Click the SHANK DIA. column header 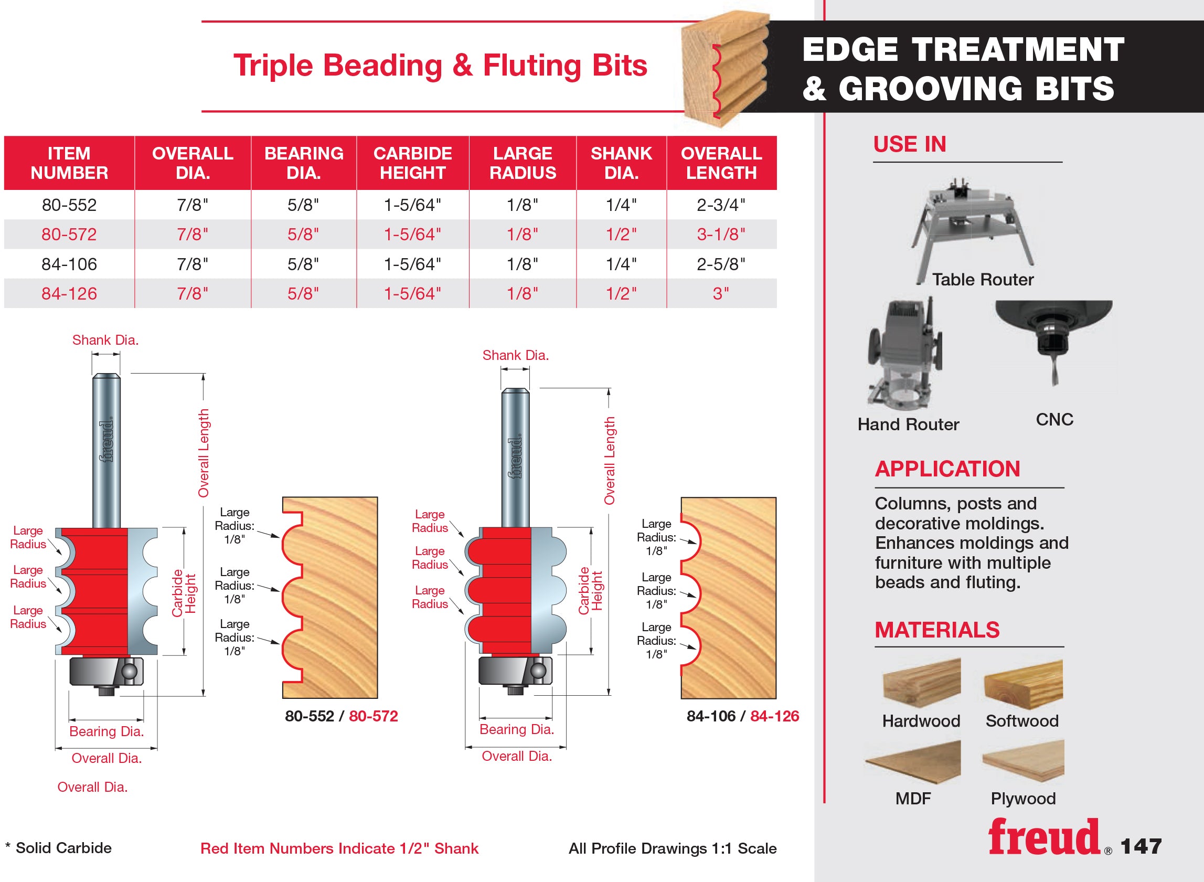[621, 163]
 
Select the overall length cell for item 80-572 [721, 235]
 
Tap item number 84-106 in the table [69, 264]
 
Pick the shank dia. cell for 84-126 [621, 294]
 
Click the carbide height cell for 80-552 [412, 205]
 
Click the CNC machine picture [1053, 342]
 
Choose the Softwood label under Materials [1022, 721]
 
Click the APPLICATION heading [947, 469]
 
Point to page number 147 [1141, 846]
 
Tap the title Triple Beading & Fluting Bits [440, 66]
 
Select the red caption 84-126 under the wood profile [774, 716]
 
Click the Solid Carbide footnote [58, 848]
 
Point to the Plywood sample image [1023, 761]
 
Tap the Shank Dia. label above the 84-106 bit [516, 355]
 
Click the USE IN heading [909, 144]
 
